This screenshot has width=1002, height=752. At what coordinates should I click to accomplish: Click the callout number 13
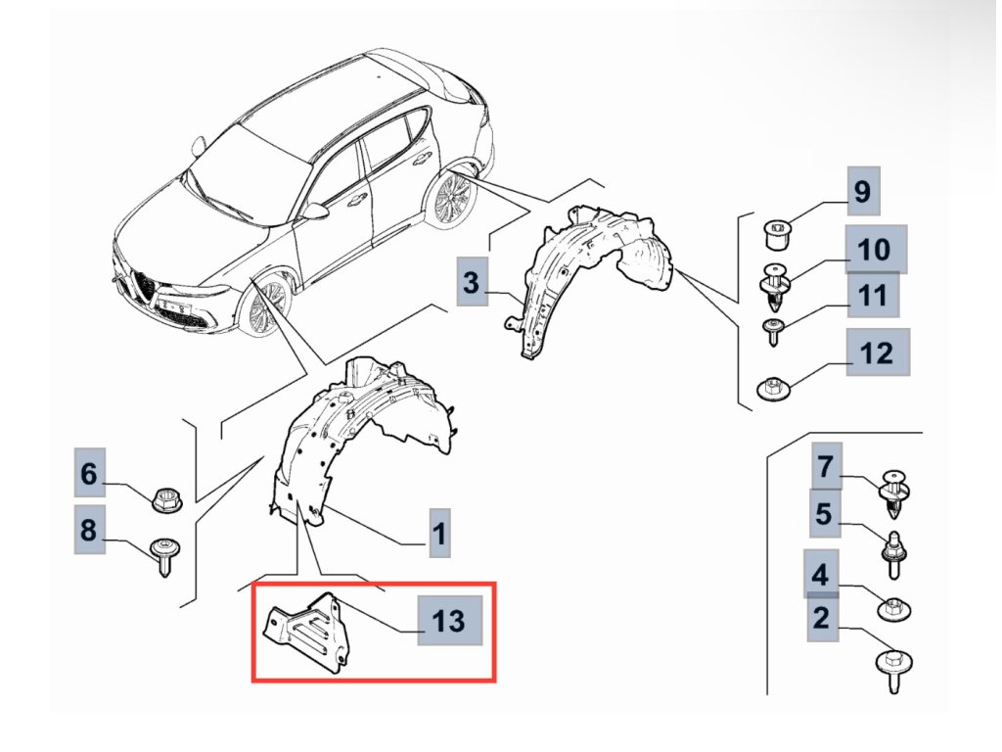[449, 621]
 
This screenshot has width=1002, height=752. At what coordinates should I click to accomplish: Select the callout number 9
[861, 191]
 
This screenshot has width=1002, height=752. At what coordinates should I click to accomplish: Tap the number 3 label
[471, 284]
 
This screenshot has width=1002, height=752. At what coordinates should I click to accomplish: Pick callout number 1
[439, 534]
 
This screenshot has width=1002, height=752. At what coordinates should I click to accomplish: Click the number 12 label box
[877, 353]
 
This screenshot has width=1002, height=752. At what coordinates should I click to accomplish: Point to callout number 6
[89, 475]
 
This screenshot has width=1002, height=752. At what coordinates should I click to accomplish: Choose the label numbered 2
[821, 617]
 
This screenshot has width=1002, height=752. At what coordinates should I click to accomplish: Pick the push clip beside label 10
[777, 284]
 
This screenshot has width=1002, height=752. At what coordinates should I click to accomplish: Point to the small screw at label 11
[774, 331]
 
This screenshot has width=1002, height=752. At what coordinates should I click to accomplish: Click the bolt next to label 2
[892, 668]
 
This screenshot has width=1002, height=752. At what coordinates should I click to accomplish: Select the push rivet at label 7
[895, 492]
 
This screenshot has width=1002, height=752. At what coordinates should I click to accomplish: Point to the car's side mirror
[316, 211]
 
